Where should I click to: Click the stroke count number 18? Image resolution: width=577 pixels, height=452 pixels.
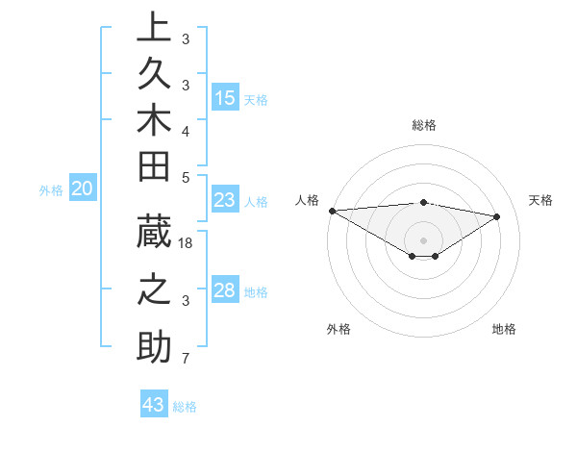(187, 244)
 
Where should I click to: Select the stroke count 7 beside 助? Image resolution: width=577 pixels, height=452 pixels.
(185, 360)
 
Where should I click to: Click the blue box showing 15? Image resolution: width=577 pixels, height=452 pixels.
(225, 98)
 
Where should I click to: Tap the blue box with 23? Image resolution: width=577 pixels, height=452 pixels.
(225, 201)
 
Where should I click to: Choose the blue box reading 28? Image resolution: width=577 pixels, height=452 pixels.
(225, 291)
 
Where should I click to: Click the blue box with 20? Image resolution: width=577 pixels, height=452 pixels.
(82, 189)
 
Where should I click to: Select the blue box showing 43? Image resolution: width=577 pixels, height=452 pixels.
(153, 405)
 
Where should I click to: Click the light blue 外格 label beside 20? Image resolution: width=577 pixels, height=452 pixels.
(51, 190)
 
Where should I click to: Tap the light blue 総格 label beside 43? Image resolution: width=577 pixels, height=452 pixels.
(185, 407)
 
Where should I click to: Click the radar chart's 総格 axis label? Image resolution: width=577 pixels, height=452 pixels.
(423, 125)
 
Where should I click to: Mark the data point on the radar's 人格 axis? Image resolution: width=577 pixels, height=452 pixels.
(332, 211)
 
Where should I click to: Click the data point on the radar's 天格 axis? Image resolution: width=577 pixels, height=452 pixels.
(497, 215)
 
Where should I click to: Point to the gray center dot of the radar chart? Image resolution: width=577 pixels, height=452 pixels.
(423, 239)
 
